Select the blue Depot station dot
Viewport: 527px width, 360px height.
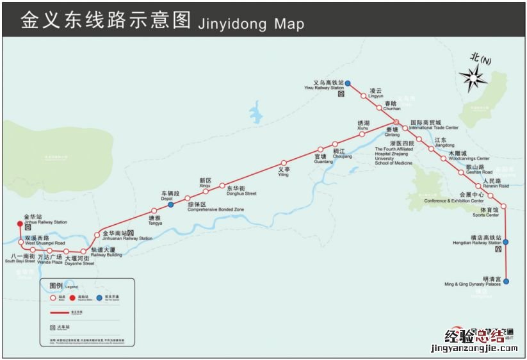click(171, 205)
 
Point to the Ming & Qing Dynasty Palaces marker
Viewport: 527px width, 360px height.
click(506, 281)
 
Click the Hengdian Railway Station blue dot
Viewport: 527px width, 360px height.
click(506, 241)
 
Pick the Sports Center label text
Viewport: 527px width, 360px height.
click(486, 215)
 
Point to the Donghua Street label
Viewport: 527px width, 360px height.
click(241, 193)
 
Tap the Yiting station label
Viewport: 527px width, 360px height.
click(283, 174)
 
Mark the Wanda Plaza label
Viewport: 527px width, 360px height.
click(49, 262)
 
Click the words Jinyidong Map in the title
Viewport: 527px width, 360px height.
click(251, 24)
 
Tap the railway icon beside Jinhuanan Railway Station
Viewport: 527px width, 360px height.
click(131, 233)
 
